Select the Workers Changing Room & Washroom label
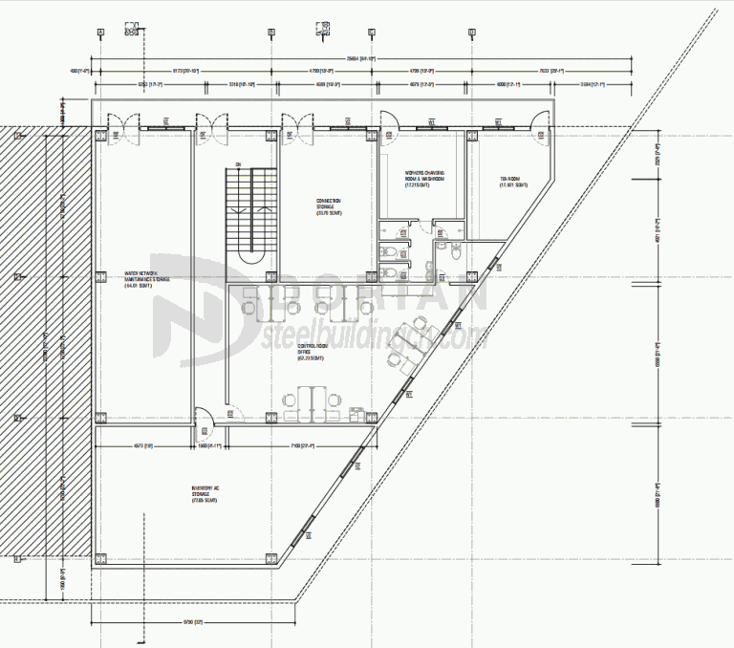pos(424,179)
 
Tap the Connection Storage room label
pos(329,206)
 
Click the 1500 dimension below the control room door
pos(209,446)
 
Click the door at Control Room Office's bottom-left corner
pos(204,418)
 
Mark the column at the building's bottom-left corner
pos(100,558)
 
